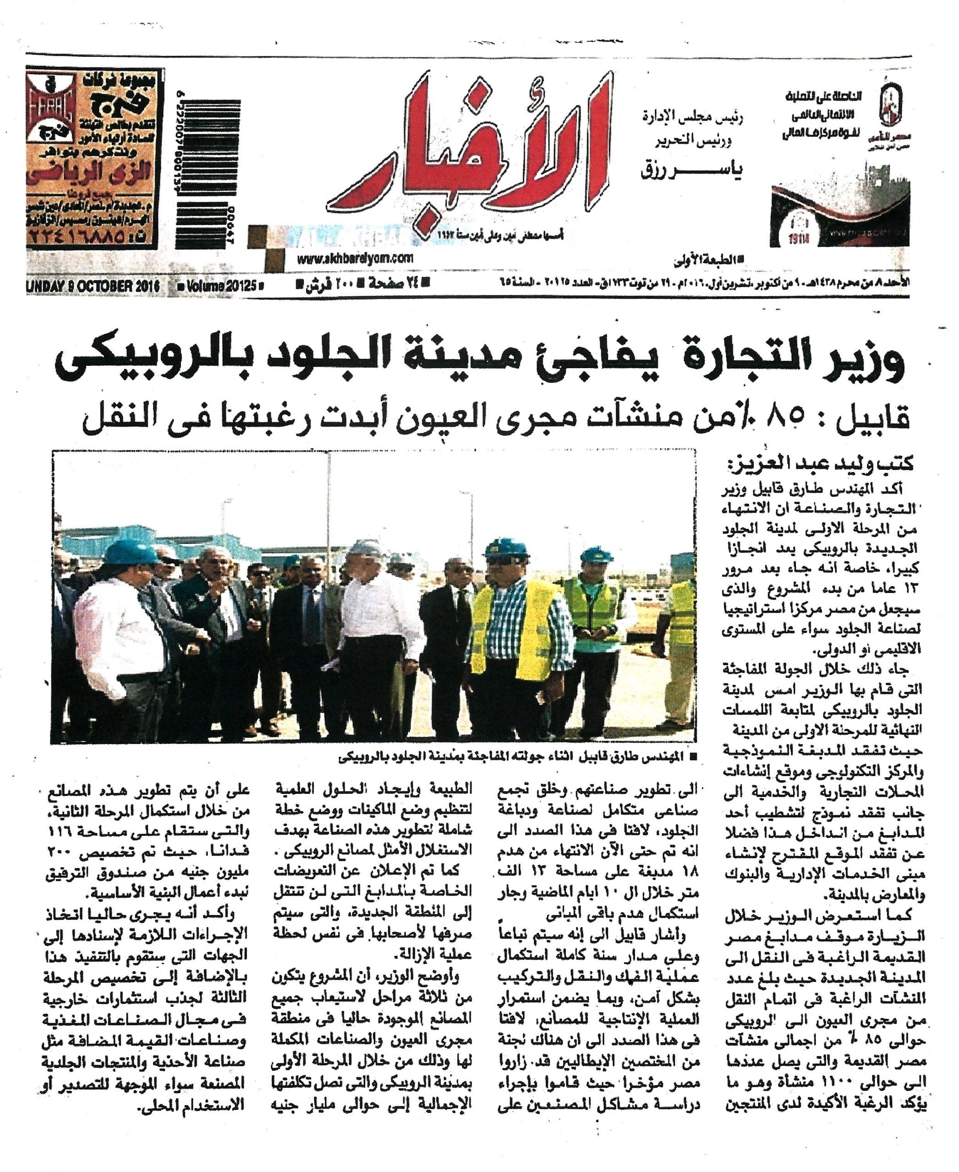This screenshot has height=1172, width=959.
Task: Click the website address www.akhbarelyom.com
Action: tap(354, 258)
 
